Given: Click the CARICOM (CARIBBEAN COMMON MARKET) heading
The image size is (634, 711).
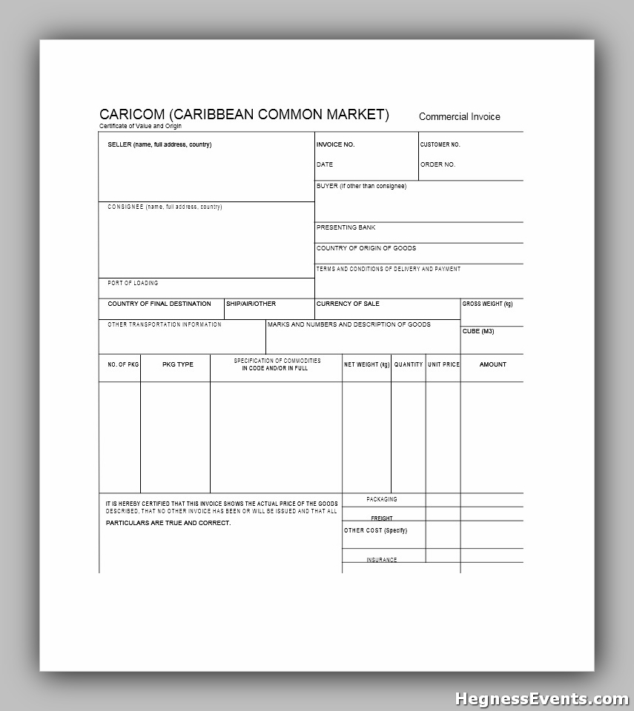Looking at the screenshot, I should pyautogui.click(x=244, y=114).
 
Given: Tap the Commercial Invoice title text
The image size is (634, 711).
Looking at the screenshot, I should pyautogui.click(x=459, y=116).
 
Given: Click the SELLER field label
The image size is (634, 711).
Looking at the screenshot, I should pyautogui.click(x=159, y=144).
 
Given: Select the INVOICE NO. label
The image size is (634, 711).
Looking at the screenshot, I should pyautogui.click(x=335, y=144).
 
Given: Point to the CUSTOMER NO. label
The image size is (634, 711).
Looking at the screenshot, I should pyautogui.click(x=440, y=144).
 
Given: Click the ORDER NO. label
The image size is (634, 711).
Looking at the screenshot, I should pyautogui.click(x=437, y=164).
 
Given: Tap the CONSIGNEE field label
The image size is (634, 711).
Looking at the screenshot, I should pyautogui.click(x=165, y=207).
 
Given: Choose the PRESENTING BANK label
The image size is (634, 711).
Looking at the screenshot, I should pyautogui.click(x=346, y=227).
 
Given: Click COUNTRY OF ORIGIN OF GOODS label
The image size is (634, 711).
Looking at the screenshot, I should pyautogui.click(x=366, y=248).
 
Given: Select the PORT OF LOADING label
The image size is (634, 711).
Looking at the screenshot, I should pyautogui.click(x=133, y=283).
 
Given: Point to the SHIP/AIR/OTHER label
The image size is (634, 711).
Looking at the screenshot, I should pyautogui.click(x=251, y=304).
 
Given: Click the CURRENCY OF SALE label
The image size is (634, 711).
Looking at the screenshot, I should pyautogui.click(x=348, y=304).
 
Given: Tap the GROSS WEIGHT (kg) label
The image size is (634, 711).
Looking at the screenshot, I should pyautogui.click(x=487, y=304).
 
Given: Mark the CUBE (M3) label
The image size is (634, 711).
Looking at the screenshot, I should pyautogui.click(x=478, y=331).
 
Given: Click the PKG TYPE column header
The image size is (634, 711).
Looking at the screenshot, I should pyautogui.click(x=177, y=364).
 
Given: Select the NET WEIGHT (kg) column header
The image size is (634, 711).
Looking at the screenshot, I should pyautogui.click(x=366, y=364).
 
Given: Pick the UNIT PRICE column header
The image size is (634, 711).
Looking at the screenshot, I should pyautogui.click(x=443, y=364).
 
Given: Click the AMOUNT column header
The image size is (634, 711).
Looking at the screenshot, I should pyautogui.click(x=492, y=364).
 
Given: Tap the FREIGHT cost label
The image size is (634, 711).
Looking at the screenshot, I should pyautogui.click(x=382, y=518).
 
